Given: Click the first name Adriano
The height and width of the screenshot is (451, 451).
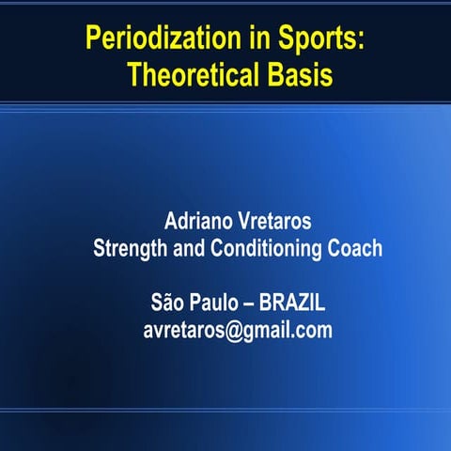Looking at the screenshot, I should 200,223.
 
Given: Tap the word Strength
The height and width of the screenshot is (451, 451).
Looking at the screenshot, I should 130,250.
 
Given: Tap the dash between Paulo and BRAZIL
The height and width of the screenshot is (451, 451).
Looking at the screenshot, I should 251,304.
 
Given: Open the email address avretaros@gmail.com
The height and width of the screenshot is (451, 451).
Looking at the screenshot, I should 238,331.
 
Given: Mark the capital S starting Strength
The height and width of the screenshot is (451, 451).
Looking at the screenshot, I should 99,249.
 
